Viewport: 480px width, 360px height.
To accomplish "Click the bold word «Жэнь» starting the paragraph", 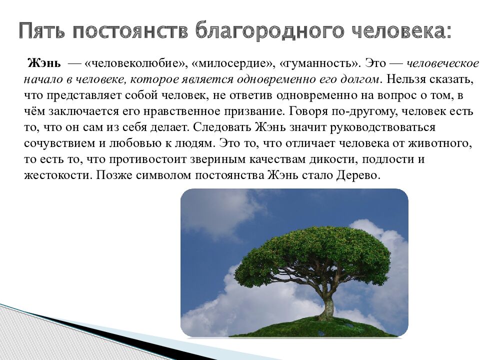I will click(x=44, y=64).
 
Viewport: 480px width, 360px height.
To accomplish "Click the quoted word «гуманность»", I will click(x=320, y=64).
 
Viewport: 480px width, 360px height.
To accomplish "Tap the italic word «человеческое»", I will click(x=442, y=64).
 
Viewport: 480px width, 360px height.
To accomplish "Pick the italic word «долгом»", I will click(x=359, y=80).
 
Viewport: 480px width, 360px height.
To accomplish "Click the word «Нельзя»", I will click(x=403, y=80).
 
